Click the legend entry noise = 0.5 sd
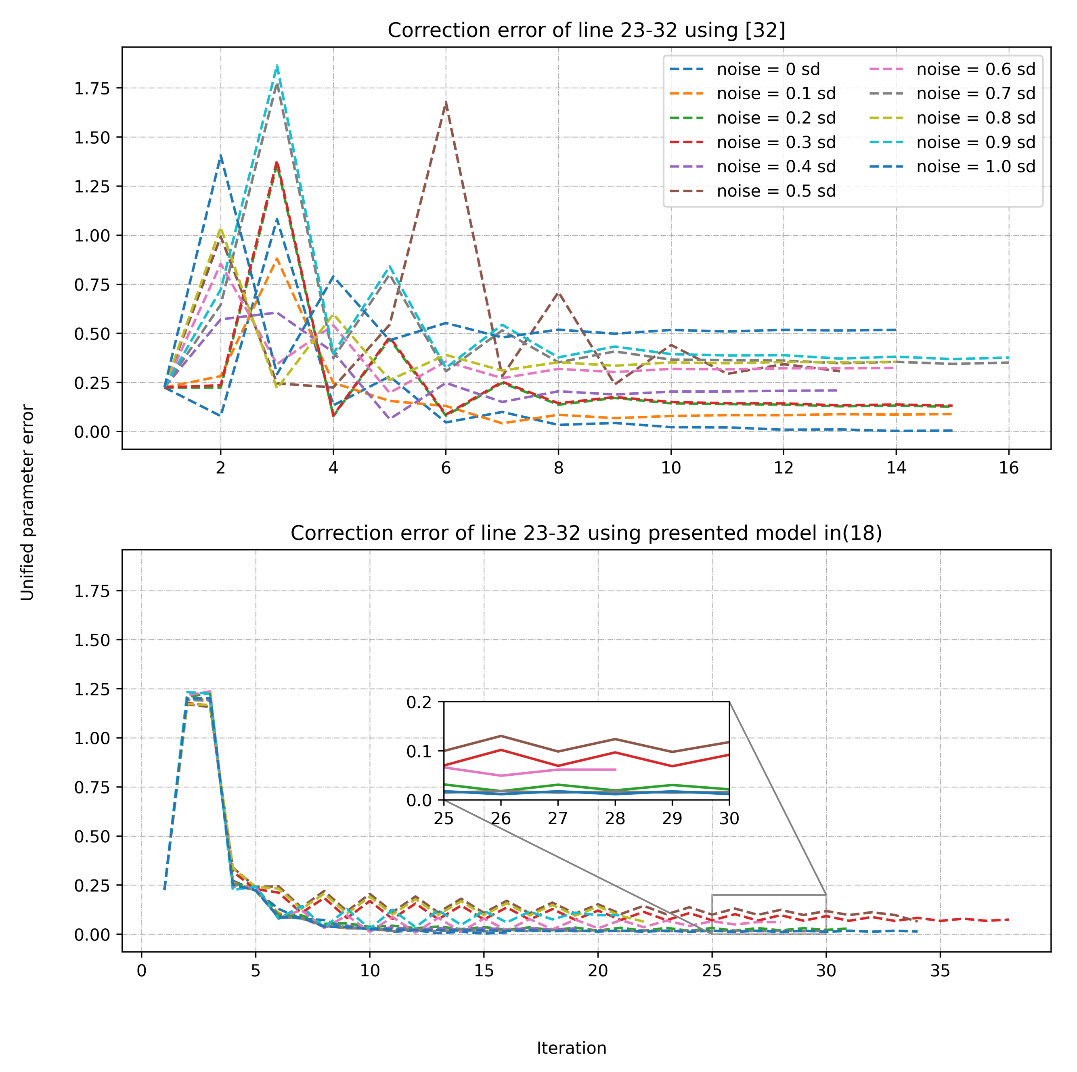click(775, 191)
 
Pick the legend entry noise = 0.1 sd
click(775, 94)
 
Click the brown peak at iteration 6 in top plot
click(446, 103)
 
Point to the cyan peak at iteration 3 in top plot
click(277, 66)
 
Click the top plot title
click(586, 30)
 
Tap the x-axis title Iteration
click(571, 1048)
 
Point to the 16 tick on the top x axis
click(1008, 468)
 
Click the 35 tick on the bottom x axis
click(940, 971)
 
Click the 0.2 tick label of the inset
click(419, 702)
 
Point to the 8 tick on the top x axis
click(559, 468)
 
